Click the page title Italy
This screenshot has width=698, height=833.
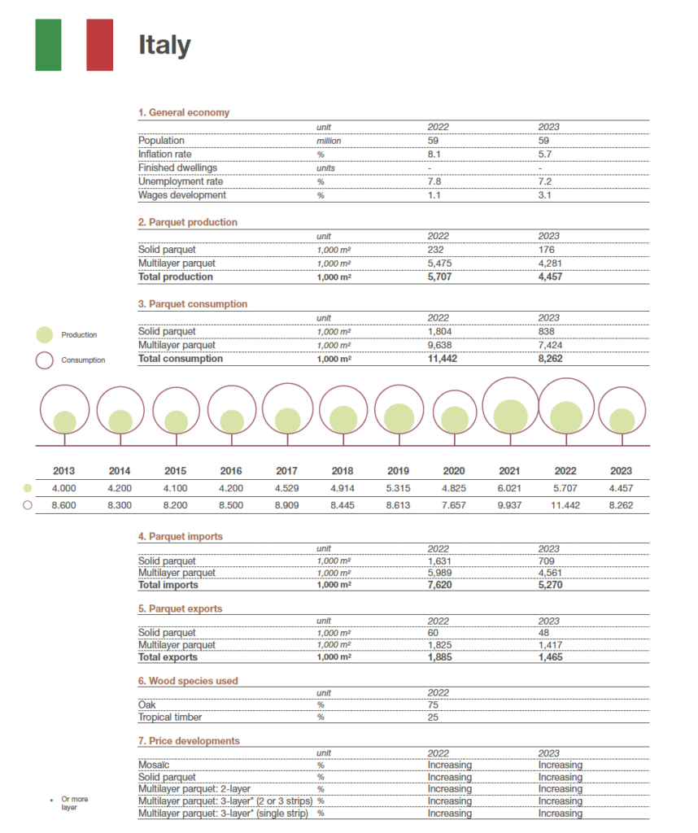click(164, 46)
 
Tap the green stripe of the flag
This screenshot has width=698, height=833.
click(48, 45)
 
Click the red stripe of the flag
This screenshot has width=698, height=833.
click(99, 45)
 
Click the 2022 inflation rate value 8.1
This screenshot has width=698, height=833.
click(434, 154)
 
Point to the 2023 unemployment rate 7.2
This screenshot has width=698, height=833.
click(545, 181)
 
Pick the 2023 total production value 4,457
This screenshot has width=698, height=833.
click(551, 277)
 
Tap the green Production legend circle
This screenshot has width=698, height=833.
click(46, 334)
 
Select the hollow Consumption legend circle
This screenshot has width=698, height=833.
click(46, 360)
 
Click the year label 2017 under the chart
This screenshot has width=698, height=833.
click(286, 471)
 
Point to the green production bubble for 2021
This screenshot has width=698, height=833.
click(509, 415)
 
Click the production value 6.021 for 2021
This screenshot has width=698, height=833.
click(509, 488)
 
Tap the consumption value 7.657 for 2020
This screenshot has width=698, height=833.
click(453, 505)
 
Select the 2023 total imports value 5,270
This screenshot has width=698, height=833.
click(551, 584)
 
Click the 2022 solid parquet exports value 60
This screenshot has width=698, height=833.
click(433, 633)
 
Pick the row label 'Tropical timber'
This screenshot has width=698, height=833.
click(169, 717)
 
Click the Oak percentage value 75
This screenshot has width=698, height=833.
click(433, 705)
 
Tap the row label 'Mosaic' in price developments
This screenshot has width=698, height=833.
click(155, 765)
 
